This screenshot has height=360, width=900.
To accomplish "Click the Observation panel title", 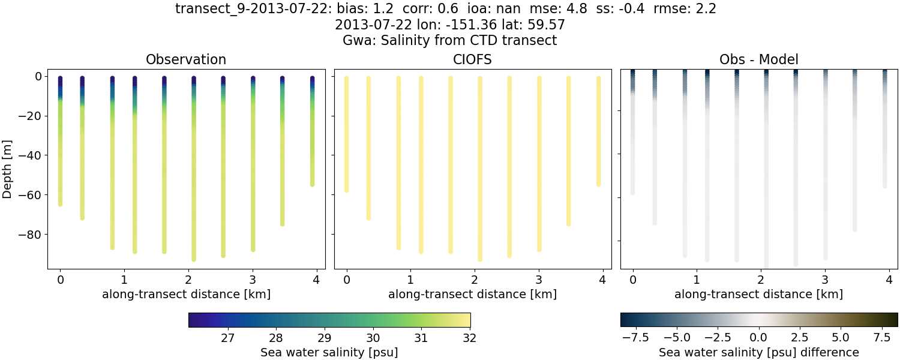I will coord(186,59).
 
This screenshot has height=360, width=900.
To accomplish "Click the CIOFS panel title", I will coord(472,59).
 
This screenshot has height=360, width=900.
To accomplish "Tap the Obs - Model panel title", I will coord(758,59).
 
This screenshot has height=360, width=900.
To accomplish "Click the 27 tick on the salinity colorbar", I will coord(227,338).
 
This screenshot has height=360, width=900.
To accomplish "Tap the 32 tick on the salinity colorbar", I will coord(470,338).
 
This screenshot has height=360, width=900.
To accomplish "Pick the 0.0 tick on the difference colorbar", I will coord(759,338).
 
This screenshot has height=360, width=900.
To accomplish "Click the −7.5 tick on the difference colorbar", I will coord(634,338).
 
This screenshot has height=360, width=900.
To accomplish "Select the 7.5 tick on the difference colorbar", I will coord(882,338).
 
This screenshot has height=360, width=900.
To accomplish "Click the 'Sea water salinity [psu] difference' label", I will coord(759,352).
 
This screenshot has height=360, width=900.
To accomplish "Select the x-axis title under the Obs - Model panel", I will coord(758,294).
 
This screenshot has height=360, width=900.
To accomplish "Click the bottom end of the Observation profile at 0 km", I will coord(60,204).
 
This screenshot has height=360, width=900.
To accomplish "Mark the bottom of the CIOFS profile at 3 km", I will coord(539,249).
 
